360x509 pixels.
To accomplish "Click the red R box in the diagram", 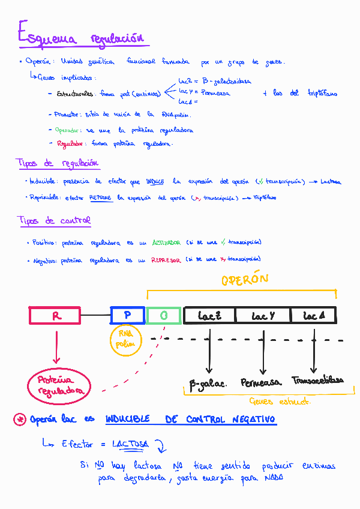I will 55,316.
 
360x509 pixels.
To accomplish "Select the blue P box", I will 127,316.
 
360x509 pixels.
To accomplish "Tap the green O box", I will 163,316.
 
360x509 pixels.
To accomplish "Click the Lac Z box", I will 209,316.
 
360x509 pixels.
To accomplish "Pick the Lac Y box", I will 263,316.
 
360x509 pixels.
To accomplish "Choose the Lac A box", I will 313,316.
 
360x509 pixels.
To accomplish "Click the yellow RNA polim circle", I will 125,340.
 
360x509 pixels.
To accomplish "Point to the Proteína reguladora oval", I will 58,385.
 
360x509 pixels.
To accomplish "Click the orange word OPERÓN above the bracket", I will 244,280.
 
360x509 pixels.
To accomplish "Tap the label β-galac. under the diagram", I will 208,383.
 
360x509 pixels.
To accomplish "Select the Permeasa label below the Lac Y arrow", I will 261,382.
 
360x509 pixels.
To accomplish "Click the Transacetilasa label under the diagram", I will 318,381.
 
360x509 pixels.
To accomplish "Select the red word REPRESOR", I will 166,260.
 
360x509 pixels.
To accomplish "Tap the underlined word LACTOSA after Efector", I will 130,444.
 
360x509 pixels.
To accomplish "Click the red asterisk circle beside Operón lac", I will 19,420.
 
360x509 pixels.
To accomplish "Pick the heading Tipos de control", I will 54,221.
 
